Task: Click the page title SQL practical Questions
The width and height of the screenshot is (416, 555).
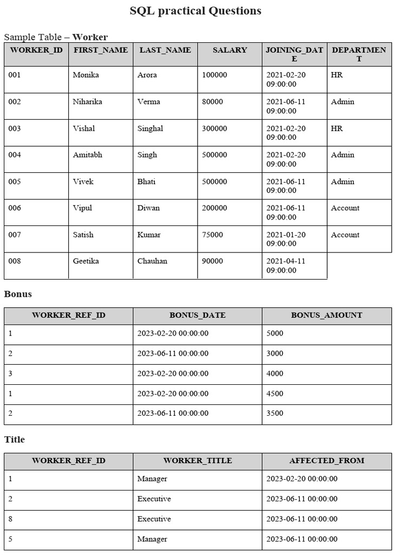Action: click(x=195, y=11)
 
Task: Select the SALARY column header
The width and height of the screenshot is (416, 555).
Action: click(x=230, y=50)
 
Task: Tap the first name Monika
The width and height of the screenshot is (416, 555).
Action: click(x=86, y=75)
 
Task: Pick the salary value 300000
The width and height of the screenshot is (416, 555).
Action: click(x=214, y=128)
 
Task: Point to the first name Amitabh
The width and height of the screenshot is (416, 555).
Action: click(x=87, y=155)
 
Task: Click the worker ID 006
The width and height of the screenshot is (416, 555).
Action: click(x=15, y=208)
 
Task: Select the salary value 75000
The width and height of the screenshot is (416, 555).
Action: click(x=212, y=235)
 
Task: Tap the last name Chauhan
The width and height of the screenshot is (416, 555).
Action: click(x=152, y=261)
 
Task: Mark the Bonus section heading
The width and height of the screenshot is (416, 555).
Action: click(x=18, y=294)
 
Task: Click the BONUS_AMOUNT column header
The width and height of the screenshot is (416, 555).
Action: click(x=327, y=315)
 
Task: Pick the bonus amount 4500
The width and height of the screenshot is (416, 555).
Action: click(x=275, y=393)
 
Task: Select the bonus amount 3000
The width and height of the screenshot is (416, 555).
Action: click(x=275, y=353)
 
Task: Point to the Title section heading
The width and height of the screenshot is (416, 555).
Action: click(x=15, y=440)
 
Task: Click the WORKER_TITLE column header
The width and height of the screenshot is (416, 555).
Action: click(x=198, y=461)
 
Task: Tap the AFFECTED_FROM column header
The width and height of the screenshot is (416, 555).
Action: click(x=327, y=461)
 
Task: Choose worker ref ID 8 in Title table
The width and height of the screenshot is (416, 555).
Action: click(x=10, y=519)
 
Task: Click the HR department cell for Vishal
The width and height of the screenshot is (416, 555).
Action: click(x=336, y=128)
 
